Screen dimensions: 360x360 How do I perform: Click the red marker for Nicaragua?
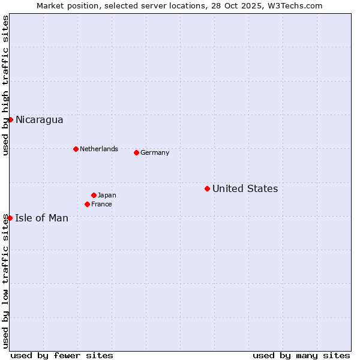click(x=10, y=119)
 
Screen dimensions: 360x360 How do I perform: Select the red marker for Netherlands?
click(x=76, y=149)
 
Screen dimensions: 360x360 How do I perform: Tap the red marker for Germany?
click(x=136, y=152)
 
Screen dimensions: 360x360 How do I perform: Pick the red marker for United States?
click(x=207, y=188)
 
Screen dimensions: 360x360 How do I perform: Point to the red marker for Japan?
click(x=94, y=195)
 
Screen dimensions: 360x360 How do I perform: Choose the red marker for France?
click(x=87, y=204)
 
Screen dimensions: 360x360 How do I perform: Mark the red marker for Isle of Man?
click(x=10, y=218)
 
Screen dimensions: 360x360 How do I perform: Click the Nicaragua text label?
click(x=39, y=120)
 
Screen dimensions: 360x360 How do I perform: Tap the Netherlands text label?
click(x=98, y=149)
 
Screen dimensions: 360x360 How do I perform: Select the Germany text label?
click(x=155, y=152)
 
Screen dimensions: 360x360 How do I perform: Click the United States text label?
click(x=245, y=189)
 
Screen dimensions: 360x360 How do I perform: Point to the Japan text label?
click(x=107, y=195)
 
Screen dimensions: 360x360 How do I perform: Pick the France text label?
click(x=101, y=204)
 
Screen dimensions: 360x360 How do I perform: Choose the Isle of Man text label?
click(x=41, y=218)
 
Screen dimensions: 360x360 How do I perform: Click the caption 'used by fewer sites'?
click(x=62, y=355)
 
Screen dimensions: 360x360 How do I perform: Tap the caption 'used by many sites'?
click(x=301, y=355)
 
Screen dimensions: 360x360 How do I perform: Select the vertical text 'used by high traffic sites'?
click(x=6, y=85)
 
